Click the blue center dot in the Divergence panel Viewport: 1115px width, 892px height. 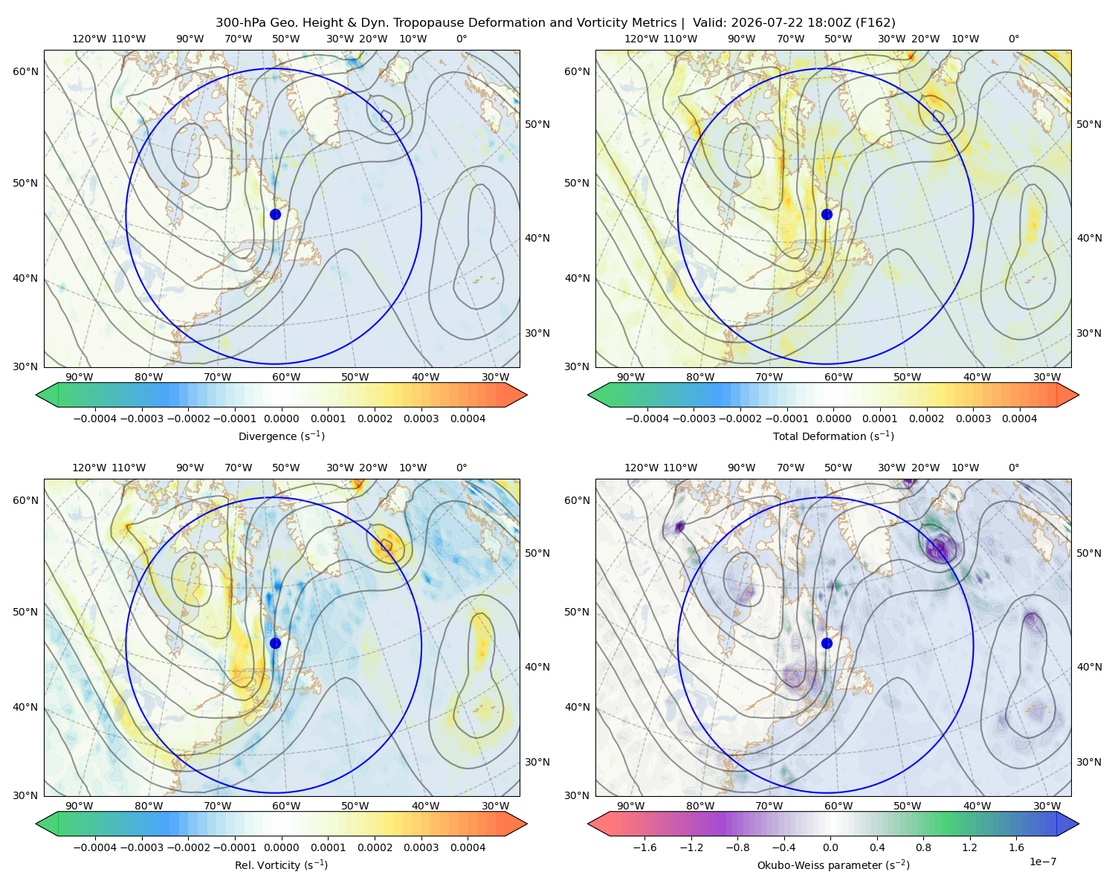pos(275,215)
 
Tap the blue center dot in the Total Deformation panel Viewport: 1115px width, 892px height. pos(827,215)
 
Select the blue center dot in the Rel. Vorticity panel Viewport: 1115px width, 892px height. pos(275,643)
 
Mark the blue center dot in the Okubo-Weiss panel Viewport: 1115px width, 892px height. pos(827,643)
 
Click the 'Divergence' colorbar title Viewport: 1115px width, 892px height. pos(281,436)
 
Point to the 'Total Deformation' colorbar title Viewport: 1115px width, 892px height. pos(833,436)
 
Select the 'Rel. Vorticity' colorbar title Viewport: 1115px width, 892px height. pos(281,865)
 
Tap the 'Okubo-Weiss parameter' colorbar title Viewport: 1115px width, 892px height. pos(833,865)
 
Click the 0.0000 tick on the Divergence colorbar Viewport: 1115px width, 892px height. pos(281,418)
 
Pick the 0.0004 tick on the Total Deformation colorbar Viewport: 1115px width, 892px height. pos(1019,418)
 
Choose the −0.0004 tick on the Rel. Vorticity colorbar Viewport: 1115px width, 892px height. pos(95,847)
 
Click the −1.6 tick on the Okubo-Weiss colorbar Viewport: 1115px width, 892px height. pos(644,847)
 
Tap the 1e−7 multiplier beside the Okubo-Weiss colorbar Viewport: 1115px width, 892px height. pos(1042,862)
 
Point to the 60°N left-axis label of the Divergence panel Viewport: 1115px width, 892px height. pos(25,71)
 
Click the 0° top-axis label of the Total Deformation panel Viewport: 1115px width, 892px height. pos(1013,39)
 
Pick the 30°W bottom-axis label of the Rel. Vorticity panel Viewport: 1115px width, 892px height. pos(495,806)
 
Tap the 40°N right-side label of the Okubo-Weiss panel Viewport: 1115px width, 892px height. pos(1089,667)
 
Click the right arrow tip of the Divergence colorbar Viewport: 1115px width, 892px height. pos(527,395)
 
